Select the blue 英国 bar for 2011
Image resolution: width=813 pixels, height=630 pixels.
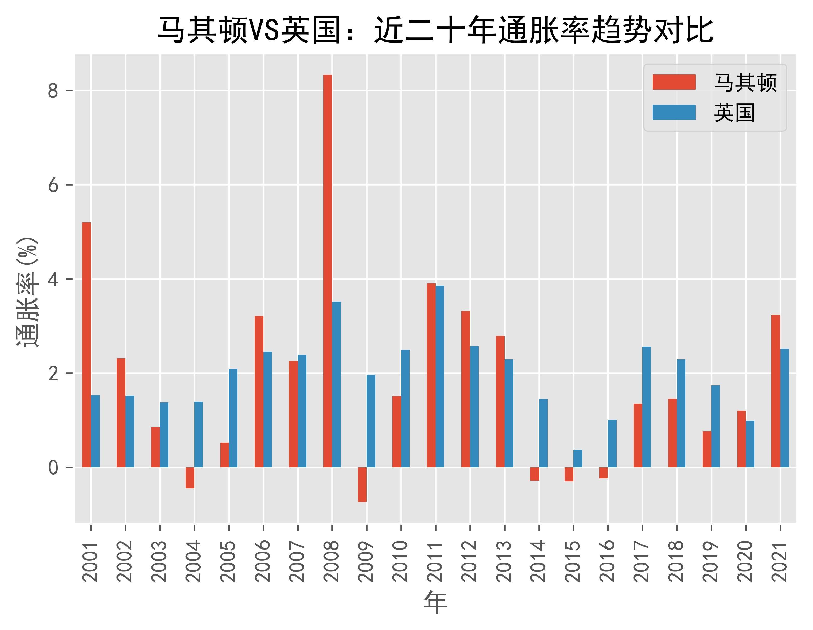440,376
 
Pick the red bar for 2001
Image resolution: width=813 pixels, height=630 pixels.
86,344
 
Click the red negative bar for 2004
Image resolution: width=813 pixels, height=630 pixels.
190,477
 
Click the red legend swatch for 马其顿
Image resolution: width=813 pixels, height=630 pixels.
674,82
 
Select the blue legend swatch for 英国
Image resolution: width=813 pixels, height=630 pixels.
674,112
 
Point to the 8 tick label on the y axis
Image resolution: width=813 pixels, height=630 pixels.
53,91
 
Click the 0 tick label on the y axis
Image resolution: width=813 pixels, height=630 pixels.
53,467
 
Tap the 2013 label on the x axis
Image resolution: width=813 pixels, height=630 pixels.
504,561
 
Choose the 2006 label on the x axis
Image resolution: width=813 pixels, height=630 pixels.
263,561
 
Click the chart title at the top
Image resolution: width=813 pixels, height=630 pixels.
435,30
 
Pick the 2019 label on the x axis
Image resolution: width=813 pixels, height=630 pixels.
711,561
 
